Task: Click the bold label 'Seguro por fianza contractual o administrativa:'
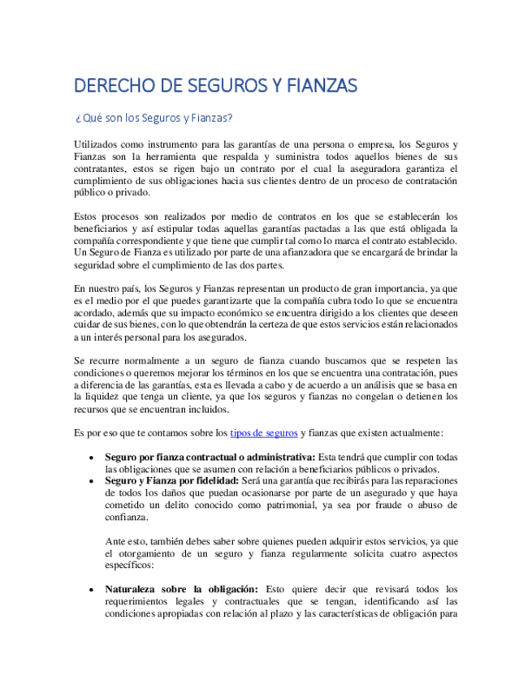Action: [211, 458]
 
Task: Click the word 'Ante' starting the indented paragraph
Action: [117, 541]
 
